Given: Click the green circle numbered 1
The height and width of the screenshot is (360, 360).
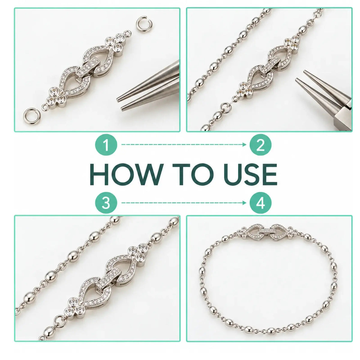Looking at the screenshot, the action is pyautogui.click(x=106, y=144).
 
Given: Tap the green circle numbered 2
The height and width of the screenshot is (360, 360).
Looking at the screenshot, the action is pyautogui.click(x=260, y=144).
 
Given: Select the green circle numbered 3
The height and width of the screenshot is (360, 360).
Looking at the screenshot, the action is pyautogui.click(x=106, y=203).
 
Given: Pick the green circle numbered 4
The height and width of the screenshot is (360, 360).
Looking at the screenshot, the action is pyautogui.click(x=260, y=203).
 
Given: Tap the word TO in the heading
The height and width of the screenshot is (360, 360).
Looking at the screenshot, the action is pyautogui.click(x=191, y=174).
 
